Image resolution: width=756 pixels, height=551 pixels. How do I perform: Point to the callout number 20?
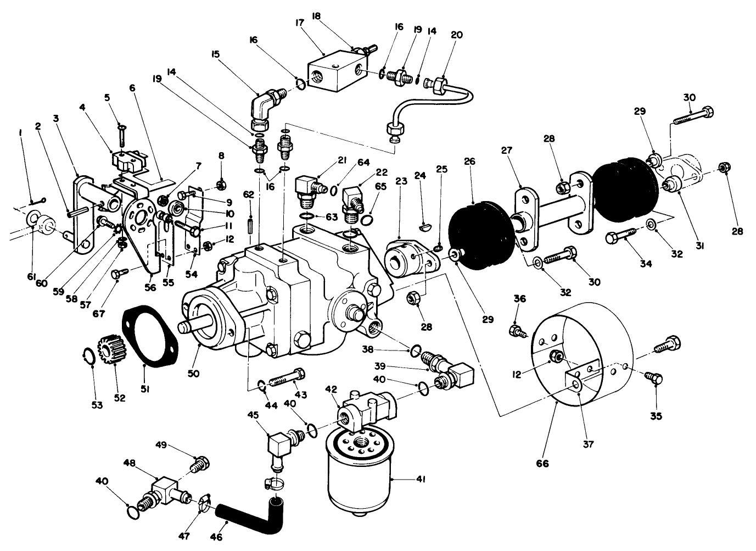(456, 35)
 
